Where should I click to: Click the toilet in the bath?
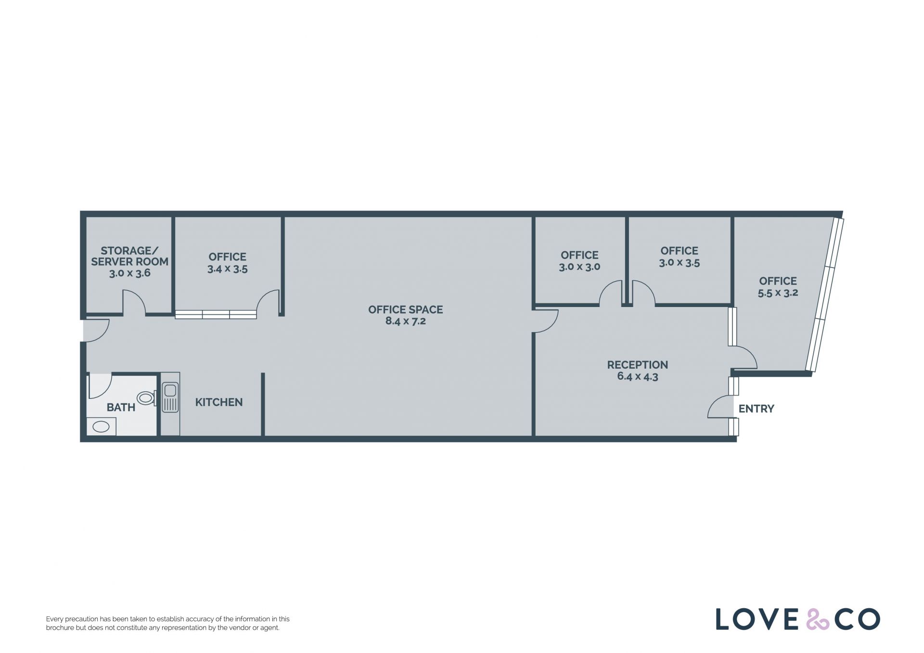click(x=146, y=398)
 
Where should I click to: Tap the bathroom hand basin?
click(x=101, y=426)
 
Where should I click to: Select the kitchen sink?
click(x=170, y=397)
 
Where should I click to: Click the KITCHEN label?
click(x=219, y=402)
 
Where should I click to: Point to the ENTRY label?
click(x=757, y=409)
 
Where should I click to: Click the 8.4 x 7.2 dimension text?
click(x=406, y=321)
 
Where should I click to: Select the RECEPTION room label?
click(x=638, y=365)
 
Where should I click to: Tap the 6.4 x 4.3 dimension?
click(x=638, y=376)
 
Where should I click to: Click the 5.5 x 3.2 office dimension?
click(x=778, y=293)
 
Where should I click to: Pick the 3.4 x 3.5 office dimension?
click(x=228, y=269)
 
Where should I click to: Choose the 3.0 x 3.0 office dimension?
click(x=579, y=267)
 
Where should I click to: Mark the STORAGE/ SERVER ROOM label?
click(x=129, y=256)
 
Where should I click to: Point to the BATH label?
click(x=121, y=408)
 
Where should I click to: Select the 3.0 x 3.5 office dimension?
click(x=680, y=263)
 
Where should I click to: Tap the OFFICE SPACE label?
click(x=406, y=309)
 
